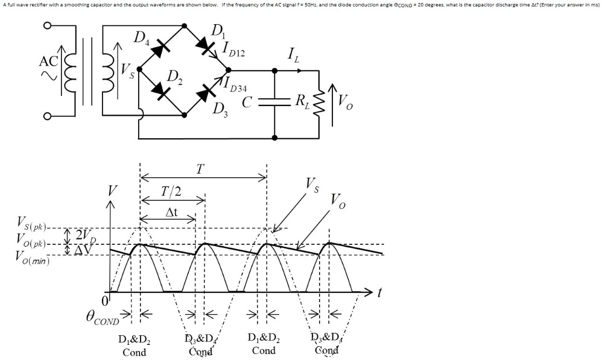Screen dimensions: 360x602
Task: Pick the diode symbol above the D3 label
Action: tap(207, 92)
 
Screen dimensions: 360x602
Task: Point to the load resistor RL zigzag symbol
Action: tap(319, 102)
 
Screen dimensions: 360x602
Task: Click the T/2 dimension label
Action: tap(171, 192)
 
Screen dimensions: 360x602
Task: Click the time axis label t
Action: tap(379, 293)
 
